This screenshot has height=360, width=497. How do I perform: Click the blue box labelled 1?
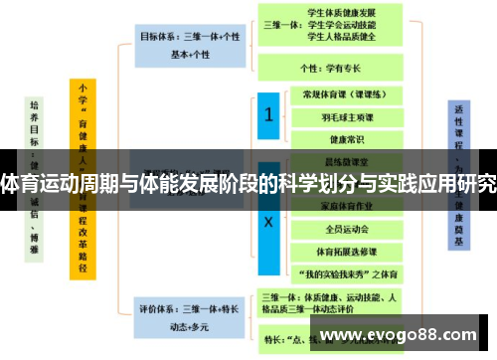(x=268, y=114)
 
